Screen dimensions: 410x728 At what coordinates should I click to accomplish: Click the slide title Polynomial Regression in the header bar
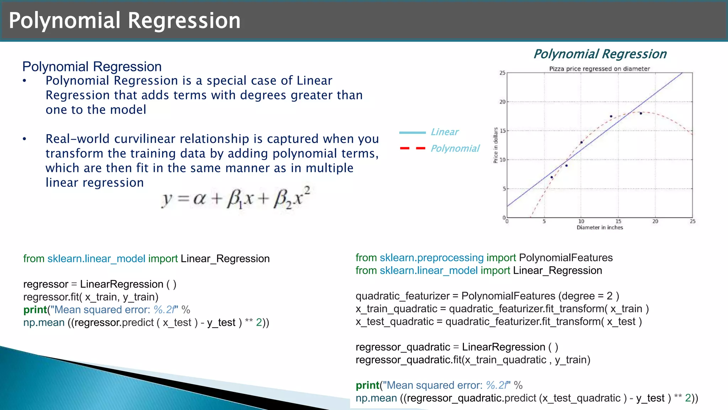coord(124,20)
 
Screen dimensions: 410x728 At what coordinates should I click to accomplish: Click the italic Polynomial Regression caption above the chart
coord(600,54)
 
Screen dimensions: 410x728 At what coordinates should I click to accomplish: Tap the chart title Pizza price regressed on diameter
coord(599,69)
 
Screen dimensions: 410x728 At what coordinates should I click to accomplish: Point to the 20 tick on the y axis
coord(502,102)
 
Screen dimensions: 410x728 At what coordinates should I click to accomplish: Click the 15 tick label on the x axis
coord(618,222)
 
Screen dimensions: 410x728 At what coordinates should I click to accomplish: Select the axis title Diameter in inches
coord(600,228)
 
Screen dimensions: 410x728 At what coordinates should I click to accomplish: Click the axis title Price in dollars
coord(496,145)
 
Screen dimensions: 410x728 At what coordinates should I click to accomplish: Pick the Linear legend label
coord(444,132)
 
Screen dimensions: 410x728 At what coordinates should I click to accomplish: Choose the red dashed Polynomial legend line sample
coord(412,148)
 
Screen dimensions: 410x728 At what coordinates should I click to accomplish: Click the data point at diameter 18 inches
coord(641,114)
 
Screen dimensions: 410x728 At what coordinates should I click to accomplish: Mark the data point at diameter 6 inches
coord(552,177)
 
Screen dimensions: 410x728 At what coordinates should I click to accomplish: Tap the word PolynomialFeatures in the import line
coord(566,258)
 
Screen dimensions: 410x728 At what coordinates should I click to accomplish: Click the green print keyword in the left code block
coord(35,310)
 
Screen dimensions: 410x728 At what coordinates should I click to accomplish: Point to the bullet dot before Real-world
coord(24,139)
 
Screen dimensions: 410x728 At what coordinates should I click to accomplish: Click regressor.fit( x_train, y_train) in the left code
coord(91,297)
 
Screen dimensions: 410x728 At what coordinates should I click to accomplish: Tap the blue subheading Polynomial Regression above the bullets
coord(92,67)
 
